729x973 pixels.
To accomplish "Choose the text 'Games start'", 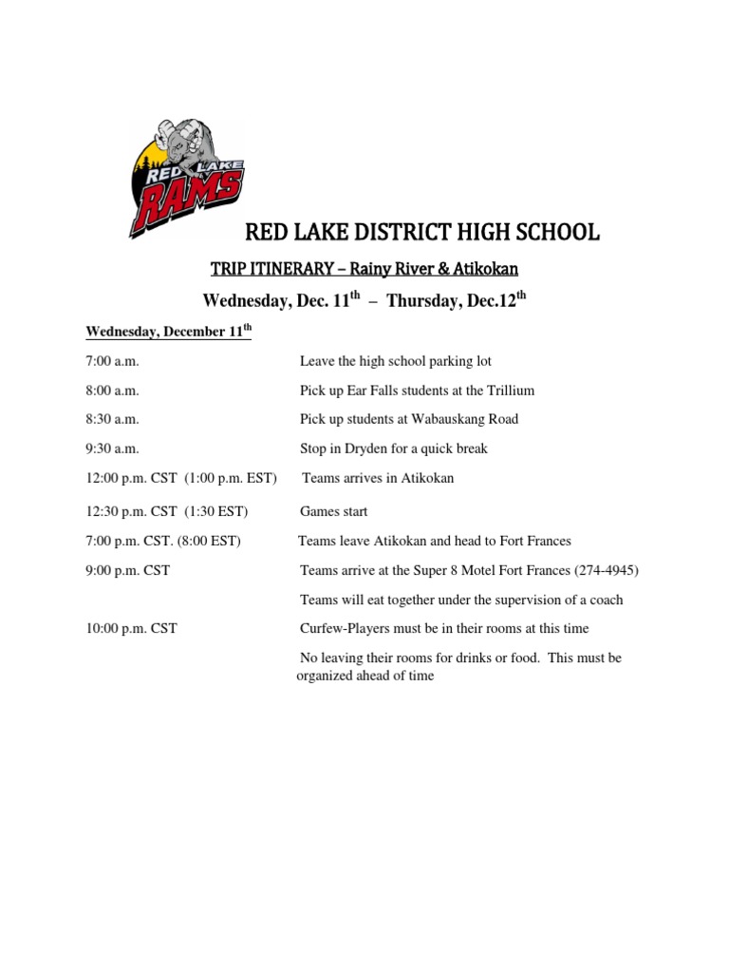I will coord(334,512).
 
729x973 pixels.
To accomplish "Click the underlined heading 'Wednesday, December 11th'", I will coord(168,332).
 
